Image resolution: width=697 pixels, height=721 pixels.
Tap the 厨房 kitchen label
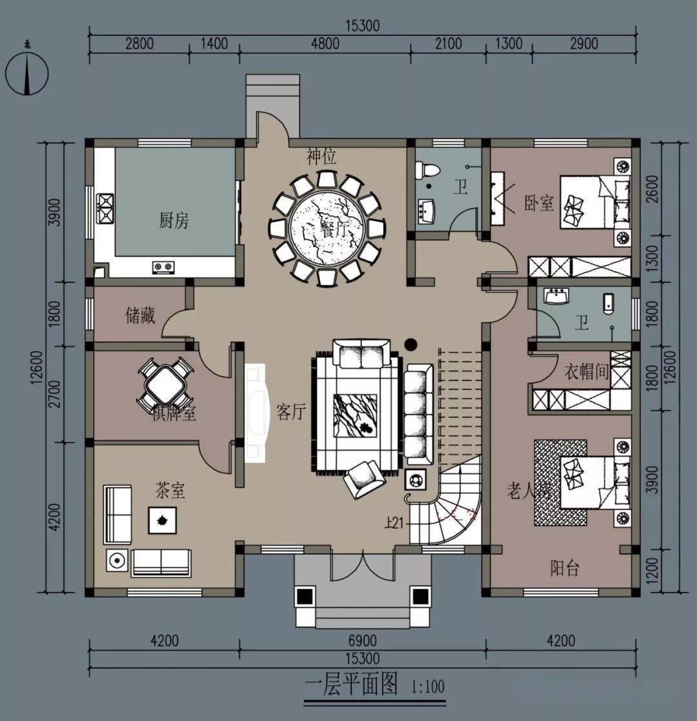point(174,221)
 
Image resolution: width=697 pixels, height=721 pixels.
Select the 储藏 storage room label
point(140,315)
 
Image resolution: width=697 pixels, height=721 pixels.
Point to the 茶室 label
point(170,491)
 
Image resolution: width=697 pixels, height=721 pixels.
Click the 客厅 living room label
point(290,412)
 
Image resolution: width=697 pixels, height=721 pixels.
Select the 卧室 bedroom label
point(540,203)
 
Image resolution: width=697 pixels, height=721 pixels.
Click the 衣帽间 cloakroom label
point(587,372)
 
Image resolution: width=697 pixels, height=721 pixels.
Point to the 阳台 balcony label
point(564,568)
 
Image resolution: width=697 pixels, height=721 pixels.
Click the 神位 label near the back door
point(321,156)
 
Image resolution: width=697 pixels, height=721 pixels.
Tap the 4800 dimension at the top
point(325,44)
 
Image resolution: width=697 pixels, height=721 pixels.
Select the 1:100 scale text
point(427,686)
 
